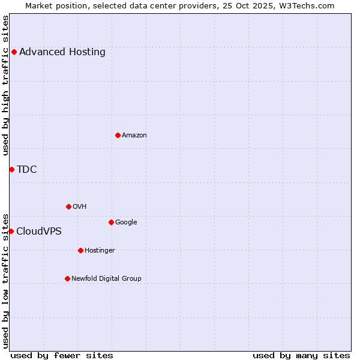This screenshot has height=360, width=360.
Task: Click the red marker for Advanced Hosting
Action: (x=14, y=52)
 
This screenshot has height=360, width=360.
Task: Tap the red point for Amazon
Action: (x=118, y=135)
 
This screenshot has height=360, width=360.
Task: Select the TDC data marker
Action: (x=11, y=169)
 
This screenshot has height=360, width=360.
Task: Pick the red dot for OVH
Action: (x=68, y=206)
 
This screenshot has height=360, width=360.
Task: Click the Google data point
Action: (x=111, y=222)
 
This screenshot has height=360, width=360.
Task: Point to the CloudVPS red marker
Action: (x=11, y=231)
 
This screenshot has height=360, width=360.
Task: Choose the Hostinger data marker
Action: (x=80, y=250)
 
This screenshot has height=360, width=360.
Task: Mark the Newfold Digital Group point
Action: (x=67, y=278)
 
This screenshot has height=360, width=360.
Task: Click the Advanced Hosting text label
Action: (x=62, y=52)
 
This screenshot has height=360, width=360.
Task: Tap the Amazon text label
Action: (x=134, y=135)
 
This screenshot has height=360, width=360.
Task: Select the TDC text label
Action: (x=27, y=169)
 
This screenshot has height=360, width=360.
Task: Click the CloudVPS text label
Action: (x=39, y=231)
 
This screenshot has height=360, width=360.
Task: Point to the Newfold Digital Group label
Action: (x=107, y=278)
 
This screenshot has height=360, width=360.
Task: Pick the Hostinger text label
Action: (x=100, y=250)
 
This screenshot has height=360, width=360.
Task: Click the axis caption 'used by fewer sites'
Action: (x=62, y=355)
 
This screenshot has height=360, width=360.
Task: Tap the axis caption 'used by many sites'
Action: (x=301, y=355)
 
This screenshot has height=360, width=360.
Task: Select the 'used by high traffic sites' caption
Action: (x=6, y=85)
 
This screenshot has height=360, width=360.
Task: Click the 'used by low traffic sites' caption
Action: (x=6, y=280)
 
